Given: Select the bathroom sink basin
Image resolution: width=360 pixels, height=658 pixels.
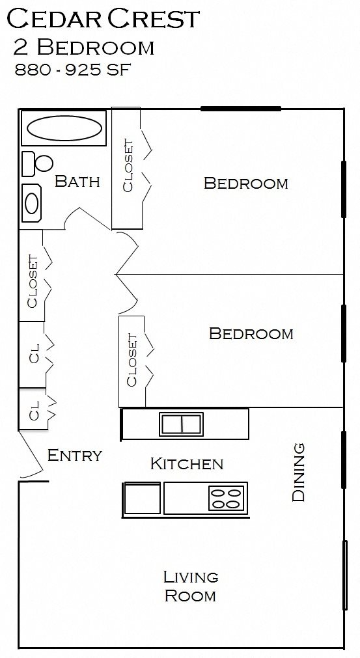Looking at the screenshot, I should click(32, 204).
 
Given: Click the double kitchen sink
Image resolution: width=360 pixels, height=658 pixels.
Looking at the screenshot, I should click(182, 424).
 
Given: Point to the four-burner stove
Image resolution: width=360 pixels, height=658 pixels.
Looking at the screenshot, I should click(226, 498).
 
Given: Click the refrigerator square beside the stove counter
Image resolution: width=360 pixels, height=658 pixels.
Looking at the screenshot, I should click(143, 499).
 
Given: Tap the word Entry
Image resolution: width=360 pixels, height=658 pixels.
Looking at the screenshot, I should click(75, 456).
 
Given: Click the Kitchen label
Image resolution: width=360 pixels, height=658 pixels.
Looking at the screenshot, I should click(187, 464).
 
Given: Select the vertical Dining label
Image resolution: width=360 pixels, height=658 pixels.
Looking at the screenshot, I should click(298, 472).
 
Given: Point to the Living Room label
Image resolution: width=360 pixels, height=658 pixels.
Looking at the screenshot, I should click(190, 586).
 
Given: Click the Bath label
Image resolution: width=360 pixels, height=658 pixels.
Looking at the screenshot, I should click(77, 181).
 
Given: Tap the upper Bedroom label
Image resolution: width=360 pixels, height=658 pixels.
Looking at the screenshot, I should click(245, 183).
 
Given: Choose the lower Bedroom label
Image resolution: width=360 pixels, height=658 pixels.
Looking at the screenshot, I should click(251, 334).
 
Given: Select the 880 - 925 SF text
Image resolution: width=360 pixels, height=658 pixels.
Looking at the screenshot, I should click(73, 70).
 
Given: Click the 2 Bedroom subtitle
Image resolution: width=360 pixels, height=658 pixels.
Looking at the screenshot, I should click(83, 48).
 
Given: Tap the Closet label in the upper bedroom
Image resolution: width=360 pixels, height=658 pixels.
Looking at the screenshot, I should click(128, 167).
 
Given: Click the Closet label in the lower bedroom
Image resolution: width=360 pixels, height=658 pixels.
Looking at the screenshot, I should click(132, 360).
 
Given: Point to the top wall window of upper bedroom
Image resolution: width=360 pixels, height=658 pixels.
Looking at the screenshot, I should click(241, 109).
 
